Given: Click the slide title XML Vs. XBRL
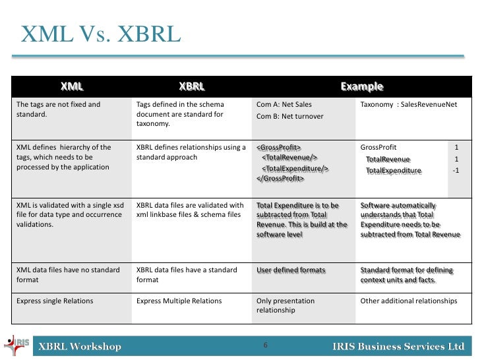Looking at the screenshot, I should click(x=100, y=34).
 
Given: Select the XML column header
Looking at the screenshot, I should click(x=72, y=86).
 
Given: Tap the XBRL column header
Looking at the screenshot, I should click(x=192, y=86).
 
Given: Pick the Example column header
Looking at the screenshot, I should click(x=361, y=86).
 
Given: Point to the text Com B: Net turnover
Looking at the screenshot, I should click(x=289, y=116).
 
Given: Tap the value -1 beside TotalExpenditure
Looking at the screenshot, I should click(x=456, y=171).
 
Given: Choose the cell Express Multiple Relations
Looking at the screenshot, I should click(x=179, y=301).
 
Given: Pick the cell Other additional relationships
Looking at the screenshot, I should click(x=409, y=301).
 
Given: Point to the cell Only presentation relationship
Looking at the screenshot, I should click(x=285, y=305).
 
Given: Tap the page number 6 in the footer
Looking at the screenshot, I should click(x=265, y=345).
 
